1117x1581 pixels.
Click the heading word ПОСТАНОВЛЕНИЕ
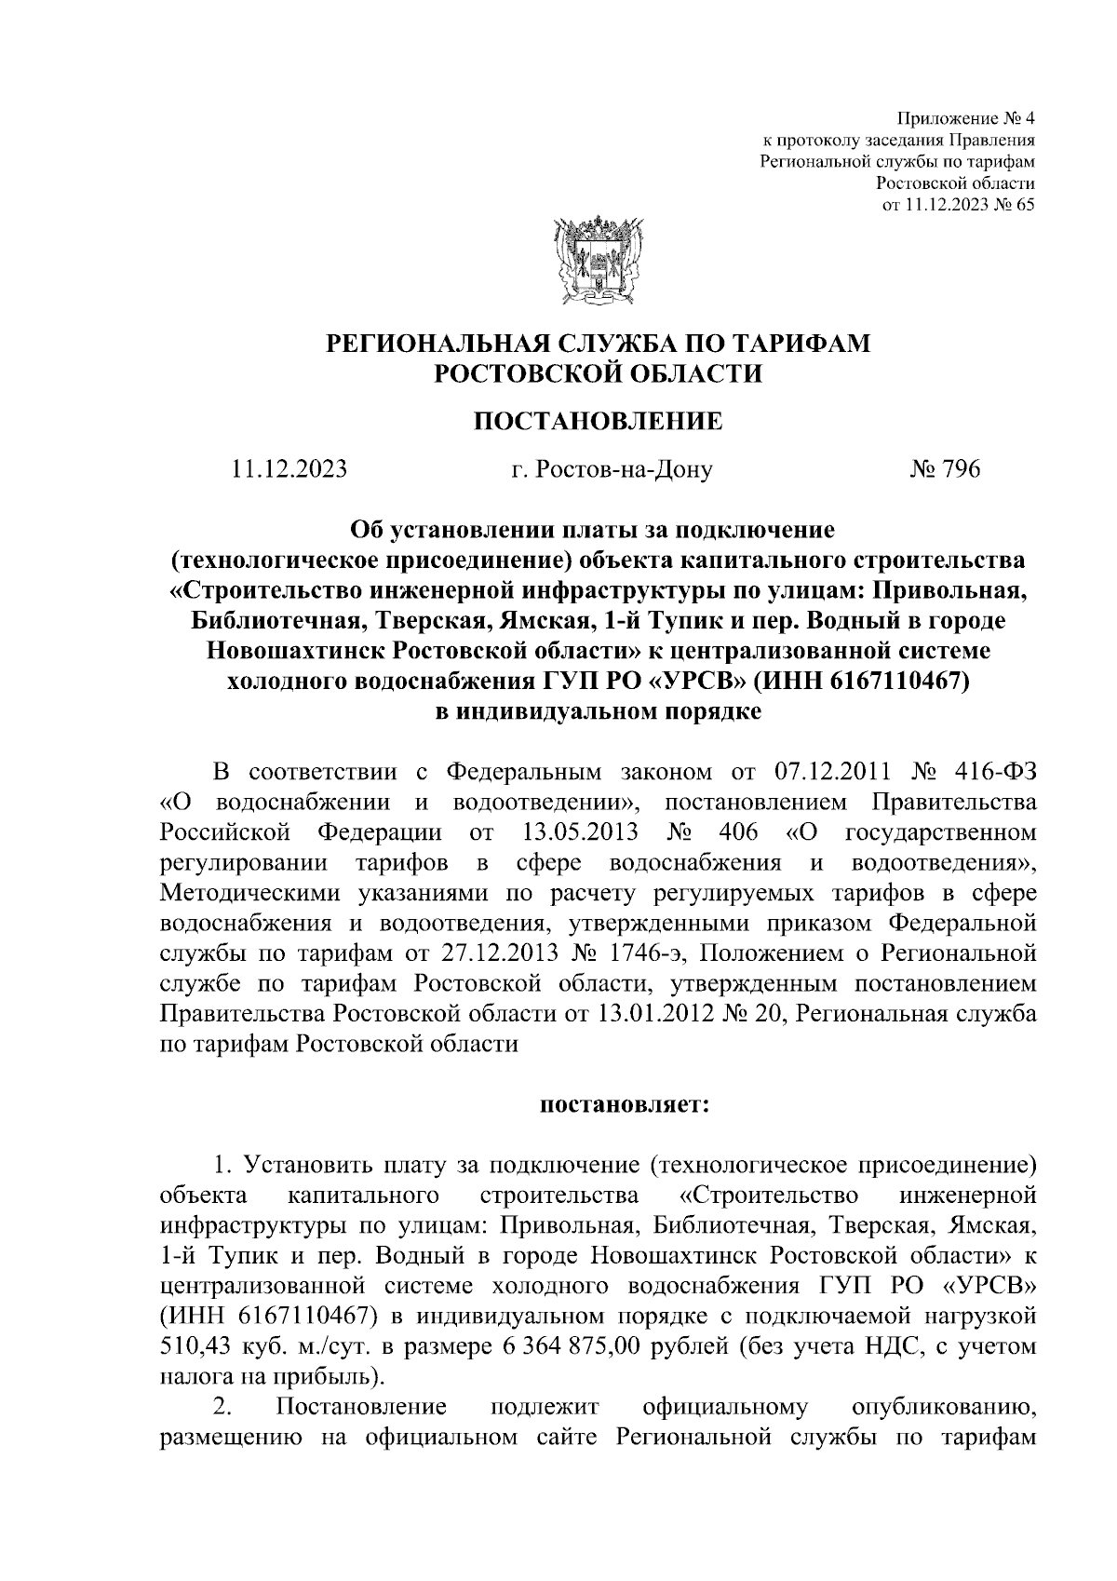pyautogui.click(x=599, y=422)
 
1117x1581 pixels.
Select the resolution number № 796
pyautogui.click(x=945, y=470)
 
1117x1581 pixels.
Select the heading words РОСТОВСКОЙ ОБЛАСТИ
pyautogui.click(x=599, y=374)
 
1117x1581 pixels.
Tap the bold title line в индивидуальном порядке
pyautogui.click(x=599, y=712)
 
